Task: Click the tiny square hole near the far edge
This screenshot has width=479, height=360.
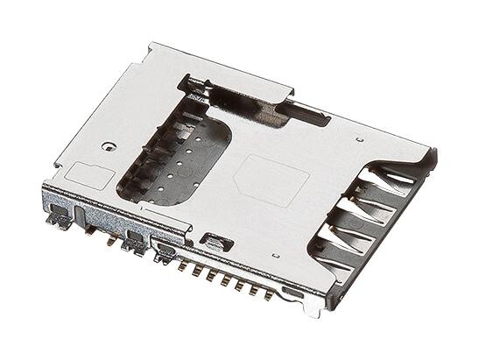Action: point(360,138)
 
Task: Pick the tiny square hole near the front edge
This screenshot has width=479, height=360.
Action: point(276,256)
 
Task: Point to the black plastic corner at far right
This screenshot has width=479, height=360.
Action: point(431,158)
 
